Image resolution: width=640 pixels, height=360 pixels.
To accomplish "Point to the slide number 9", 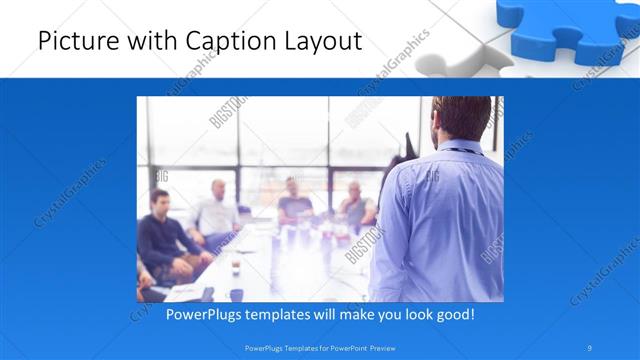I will [591, 348].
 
